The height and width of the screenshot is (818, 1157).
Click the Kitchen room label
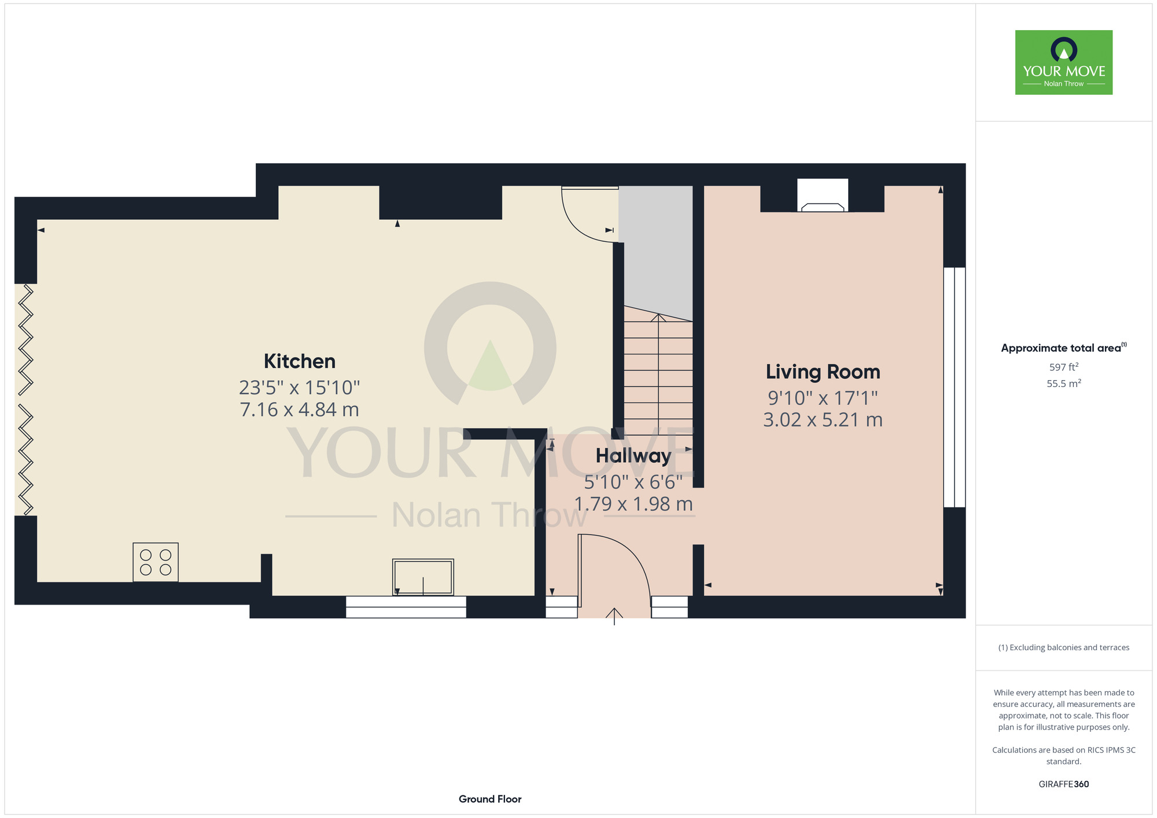tap(300, 361)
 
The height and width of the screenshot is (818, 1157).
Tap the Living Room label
tap(823, 372)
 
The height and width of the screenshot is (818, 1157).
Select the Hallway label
tap(633, 456)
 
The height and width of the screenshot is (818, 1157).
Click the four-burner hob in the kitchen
tap(156, 562)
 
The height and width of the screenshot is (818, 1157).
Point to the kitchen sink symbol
tap(423, 577)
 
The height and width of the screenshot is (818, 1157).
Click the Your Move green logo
tap(1064, 62)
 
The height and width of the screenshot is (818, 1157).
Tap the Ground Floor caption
tap(490, 799)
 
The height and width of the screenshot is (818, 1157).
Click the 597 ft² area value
tap(1064, 367)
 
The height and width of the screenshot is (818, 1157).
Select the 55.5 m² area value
tap(1064, 384)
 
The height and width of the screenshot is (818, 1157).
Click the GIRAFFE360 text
tap(1064, 784)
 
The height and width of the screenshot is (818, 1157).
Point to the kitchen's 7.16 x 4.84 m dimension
tap(299, 410)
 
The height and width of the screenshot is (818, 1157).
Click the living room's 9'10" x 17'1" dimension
tap(823, 398)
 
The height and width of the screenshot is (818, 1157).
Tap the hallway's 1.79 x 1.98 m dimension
tap(633, 504)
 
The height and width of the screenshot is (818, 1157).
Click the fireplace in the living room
tap(823, 196)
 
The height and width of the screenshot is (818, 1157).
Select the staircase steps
tap(658, 371)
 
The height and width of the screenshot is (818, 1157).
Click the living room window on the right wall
tap(955, 387)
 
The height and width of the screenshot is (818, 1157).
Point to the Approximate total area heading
tap(1064, 348)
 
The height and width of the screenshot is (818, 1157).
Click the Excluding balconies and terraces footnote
tap(1064, 647)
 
